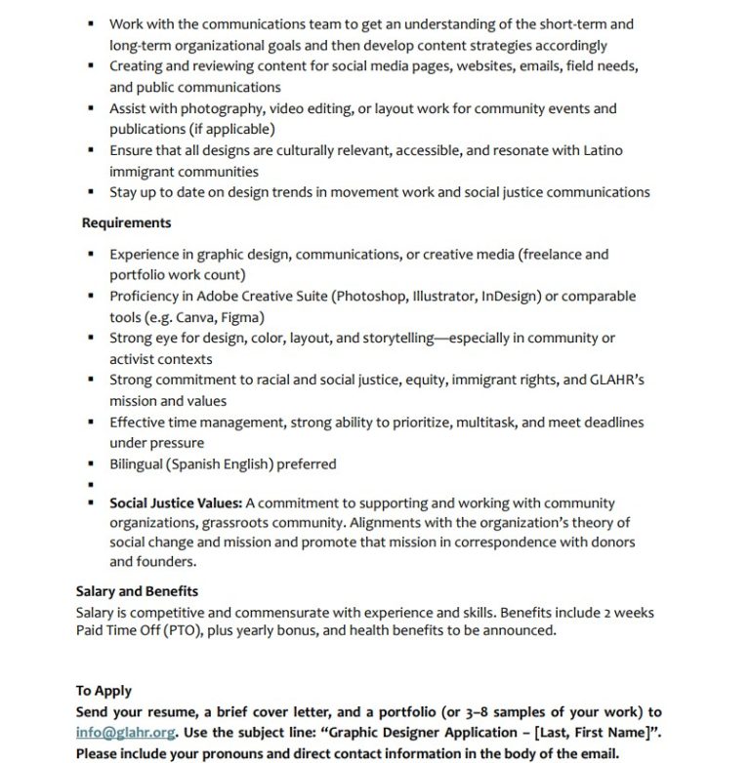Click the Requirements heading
pyautogui.click(x=126, y=223)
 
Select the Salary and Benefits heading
pyautogui.click(x=137, y=591)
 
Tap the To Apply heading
pyautogui.click(x=104, y=691)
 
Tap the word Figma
pyautogui.click(x=242, y=317)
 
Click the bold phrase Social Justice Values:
pyautogui.click(x=176, y=503)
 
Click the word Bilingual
pyautogui.click(x=137, y=463)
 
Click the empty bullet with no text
pyautogui.click(x=90, y=484)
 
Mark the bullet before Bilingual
pyautogui.click(x=90, y=463)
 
